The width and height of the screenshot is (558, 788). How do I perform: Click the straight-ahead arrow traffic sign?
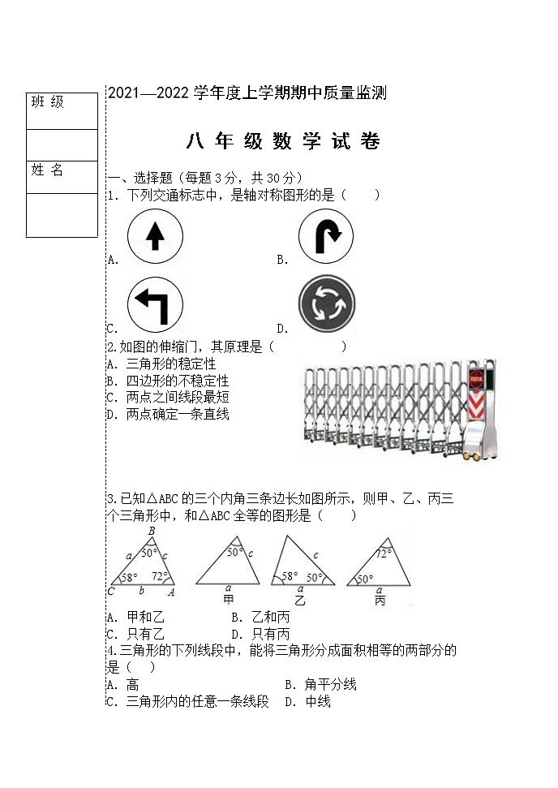tap(155, 237)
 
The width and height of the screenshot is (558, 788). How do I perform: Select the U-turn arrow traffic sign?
tap(325, 237)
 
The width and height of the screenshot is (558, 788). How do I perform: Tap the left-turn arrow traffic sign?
tap(155, 305)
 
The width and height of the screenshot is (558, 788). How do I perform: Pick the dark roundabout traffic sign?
tap(326, 305)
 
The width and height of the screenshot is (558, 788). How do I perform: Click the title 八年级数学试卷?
tap(283, 142)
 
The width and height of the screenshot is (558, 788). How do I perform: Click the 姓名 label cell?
tap(62, 177)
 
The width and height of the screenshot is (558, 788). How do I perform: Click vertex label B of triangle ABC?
tap(152, 531)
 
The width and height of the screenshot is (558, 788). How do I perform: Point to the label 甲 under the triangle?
tap(229, 599)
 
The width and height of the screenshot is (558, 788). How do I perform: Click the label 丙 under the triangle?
tap(380, 601)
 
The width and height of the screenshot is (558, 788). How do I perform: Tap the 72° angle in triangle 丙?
tap(384, 553)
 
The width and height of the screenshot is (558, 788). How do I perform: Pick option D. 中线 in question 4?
tap(307, 702)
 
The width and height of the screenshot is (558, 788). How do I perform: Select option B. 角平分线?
tap(320, 685)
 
